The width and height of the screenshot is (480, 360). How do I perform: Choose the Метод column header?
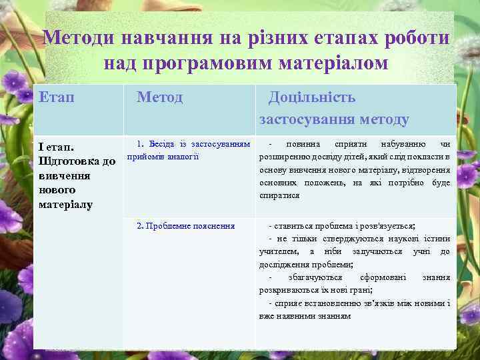[159, 97]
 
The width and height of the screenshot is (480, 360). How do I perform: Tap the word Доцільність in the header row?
[311, 97]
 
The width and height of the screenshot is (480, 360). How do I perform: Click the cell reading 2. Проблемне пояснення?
[185, 226]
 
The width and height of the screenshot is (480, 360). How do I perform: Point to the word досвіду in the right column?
[327, 157]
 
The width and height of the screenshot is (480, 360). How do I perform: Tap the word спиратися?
[279, 195]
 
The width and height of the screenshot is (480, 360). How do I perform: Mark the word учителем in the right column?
[278, 251]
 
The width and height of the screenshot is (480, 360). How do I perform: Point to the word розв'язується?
[387, 226]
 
